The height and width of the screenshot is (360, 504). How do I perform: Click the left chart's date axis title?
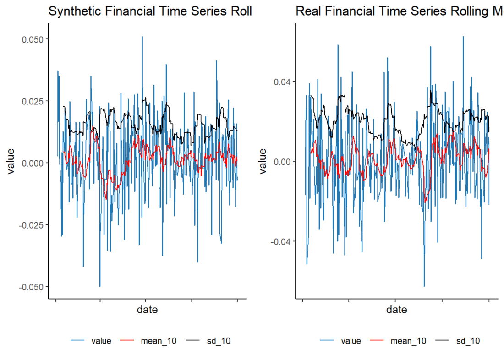click(x=147, y=310)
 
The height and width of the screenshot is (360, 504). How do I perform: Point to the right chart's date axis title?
click(x=396, y=310)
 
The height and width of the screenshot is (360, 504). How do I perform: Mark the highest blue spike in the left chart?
click(x=142, y=37)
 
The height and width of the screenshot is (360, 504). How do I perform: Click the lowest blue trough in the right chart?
click(x=424, y=286)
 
